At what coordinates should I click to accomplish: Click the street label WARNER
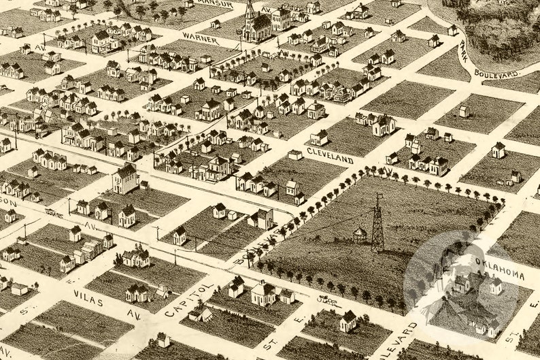201,39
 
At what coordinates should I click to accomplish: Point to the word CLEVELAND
330,155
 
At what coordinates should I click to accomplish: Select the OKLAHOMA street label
500,269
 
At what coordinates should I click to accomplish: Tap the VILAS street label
89,297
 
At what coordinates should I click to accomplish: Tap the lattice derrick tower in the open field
377,225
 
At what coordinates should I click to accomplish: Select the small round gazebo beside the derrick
360,235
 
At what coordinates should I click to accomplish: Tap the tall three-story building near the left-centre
126,178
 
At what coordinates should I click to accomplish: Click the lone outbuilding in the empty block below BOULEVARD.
464,110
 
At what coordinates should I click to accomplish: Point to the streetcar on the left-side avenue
52,212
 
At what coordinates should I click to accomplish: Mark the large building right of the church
280,19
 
